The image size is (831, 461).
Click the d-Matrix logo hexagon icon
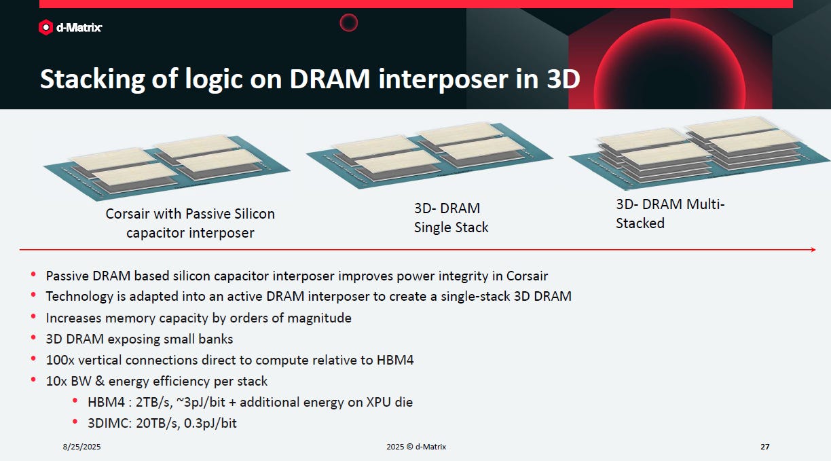(45, 27)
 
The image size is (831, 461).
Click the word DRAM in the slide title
(329, 79)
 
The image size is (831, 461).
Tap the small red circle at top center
(349, 22)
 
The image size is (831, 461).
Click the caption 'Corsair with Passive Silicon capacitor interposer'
(190, 223)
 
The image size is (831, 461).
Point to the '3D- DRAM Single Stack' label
(451, 218)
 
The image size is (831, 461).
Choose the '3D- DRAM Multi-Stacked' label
(670, 214)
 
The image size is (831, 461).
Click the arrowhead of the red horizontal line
(813, 250)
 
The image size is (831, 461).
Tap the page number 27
(765, 447)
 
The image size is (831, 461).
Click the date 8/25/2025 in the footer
(81, 447)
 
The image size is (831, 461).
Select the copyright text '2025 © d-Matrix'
(416, 447)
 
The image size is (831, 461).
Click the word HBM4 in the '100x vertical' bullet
(395, 360)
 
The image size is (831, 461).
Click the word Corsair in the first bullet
(527, 276)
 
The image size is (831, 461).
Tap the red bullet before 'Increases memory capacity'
(33, 316)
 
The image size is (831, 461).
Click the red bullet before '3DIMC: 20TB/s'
(75, 422)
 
